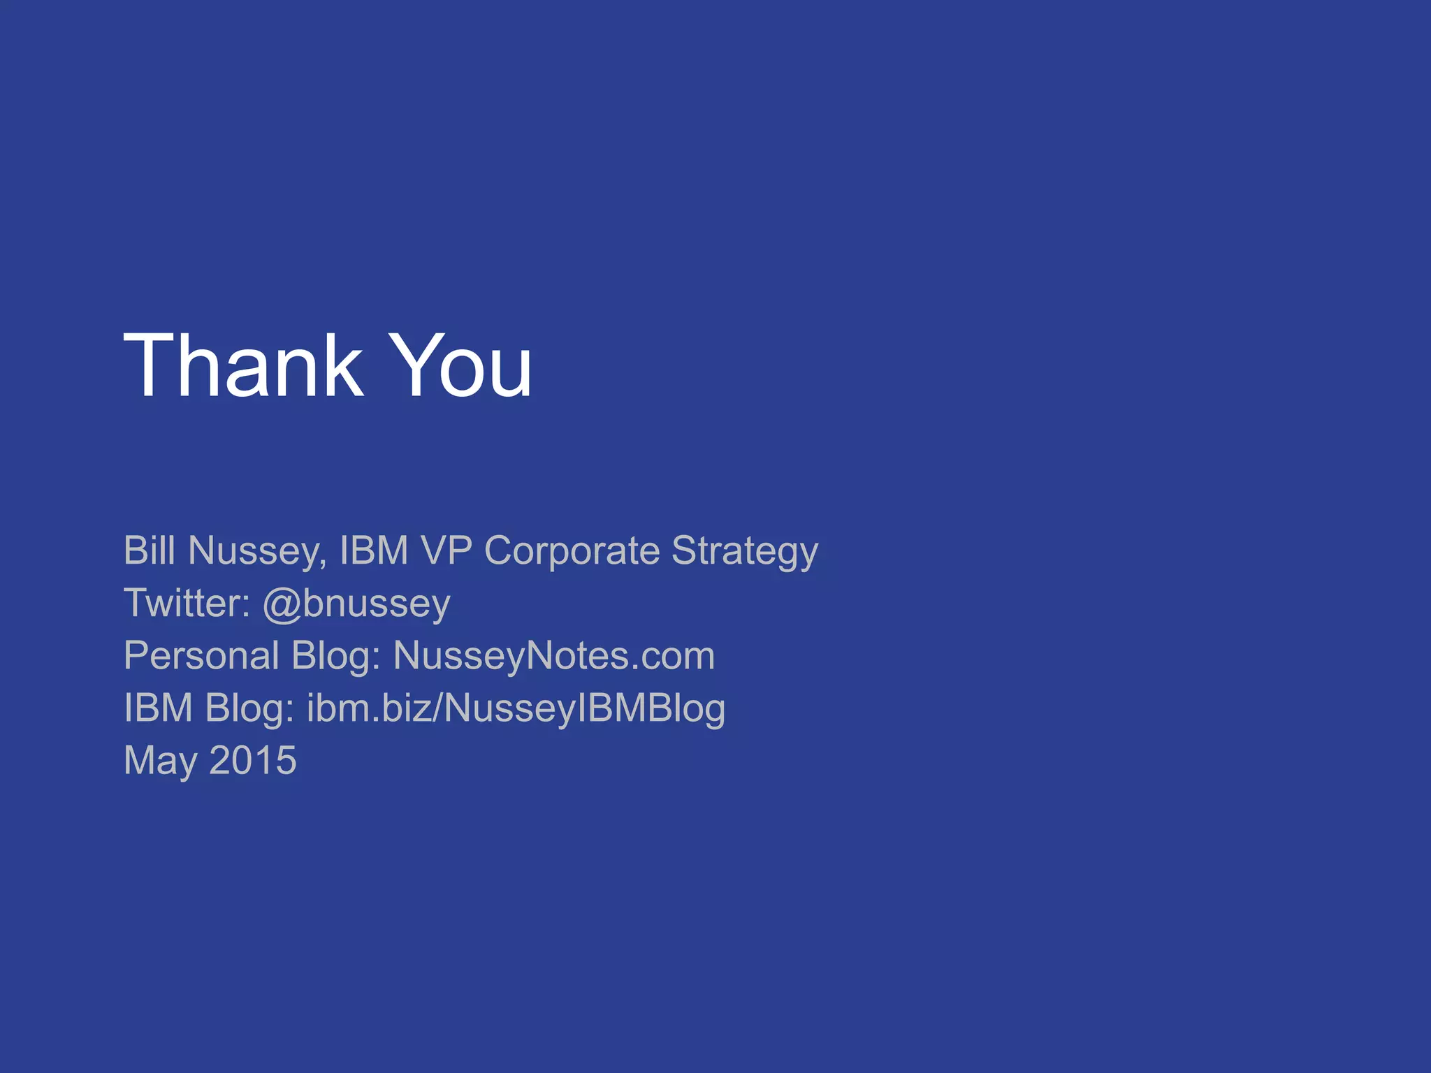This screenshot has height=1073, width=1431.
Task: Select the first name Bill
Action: [149, 550]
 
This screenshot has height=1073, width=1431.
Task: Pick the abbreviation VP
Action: [446, 550]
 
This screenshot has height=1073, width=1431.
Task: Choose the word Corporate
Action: [572, 550]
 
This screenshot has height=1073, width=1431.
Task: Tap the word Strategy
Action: [745, 552]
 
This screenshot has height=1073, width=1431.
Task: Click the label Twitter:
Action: [187, 603]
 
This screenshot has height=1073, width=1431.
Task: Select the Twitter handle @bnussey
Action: [356, 604]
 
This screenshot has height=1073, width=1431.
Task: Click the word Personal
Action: [201, 655]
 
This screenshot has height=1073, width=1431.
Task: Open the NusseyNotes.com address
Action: [554, 657]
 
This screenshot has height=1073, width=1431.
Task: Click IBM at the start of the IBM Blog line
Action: [158, 708]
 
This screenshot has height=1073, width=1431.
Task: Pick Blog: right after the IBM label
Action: [249, 709]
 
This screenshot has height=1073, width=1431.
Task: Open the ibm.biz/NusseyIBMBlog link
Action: [516, 709]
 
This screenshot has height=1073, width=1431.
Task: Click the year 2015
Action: [253, 760]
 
